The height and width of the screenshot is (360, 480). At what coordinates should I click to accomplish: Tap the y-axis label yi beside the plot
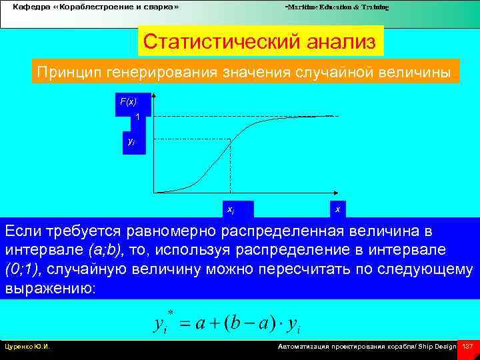(x=131, y=141)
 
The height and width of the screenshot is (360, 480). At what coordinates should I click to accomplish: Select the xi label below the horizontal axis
(x=231, y=209)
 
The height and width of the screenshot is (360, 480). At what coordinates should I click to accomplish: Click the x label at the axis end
(x=337, y=209)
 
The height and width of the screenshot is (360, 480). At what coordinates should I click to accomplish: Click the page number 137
(x=467, y=347)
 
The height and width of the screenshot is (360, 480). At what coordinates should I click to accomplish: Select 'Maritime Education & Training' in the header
(x=337, y=7)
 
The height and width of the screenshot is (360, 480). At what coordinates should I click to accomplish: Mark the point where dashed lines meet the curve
(x=230, y=139)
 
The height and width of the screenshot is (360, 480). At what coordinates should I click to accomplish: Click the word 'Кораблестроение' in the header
(x=93, y=7)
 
